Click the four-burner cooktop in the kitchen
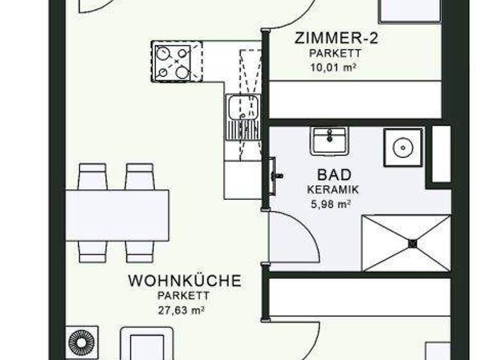point(172,62)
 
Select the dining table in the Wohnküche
point(118,215)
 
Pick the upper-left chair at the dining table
point(92,176)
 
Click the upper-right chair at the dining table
point(140,176)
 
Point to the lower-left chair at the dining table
point(92,251)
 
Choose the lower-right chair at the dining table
point(140,251)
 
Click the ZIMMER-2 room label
point(336,38)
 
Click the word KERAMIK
point(333,190)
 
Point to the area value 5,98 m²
point(333,205)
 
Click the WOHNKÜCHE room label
point(185,281)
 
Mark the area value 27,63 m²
point(185,310)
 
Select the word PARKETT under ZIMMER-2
point(335,54)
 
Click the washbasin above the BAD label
point(329,139)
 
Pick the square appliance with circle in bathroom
point(403,147)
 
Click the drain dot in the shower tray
point(413,243)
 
